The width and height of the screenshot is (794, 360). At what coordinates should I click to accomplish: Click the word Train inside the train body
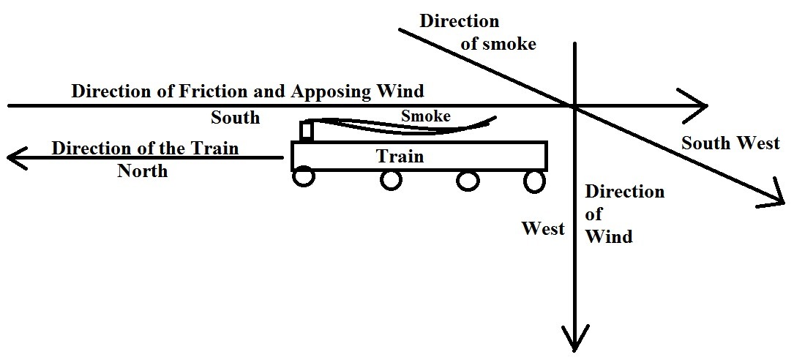pyautogui.click(x=400, y=157)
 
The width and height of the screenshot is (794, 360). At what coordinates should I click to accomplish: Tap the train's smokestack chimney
pyautogui.click(x=307, y=131)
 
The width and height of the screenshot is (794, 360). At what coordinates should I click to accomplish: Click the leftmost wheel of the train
pyautogui.click(x=304, y=178)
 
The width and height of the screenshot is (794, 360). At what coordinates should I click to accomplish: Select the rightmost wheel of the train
pyautogui.click(x=535, y=179)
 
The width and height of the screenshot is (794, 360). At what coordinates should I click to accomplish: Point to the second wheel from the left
pyautogui.click(x=390, y=179)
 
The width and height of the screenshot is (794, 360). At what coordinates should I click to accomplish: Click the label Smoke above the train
pyautogui.click(x=425, y=116)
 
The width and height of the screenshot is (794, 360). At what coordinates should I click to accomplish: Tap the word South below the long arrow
pyautogui.click(x=235, y=118)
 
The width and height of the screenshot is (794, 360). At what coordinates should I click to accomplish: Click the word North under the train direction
pyautogui.click(x=142, y=171)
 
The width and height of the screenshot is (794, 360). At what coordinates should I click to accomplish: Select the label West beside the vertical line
pyautogui.click(x=543, y=228)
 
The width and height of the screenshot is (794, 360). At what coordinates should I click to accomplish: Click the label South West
pyautogui.click(x=730, y=143)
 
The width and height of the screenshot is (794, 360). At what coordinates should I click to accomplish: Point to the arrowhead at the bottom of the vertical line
pyautogui.click(x=575, y=340)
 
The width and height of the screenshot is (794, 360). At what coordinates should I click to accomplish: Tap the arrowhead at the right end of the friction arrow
pyautogui.click(x=695, y=105)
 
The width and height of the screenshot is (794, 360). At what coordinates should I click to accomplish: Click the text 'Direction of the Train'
pyautogui.click(x=145, y=148)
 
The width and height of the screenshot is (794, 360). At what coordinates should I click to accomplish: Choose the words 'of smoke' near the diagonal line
pyautogui.click(x=498, y=44)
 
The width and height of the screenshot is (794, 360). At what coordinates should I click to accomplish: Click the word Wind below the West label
pyautogui.click(x=608, y=236)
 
